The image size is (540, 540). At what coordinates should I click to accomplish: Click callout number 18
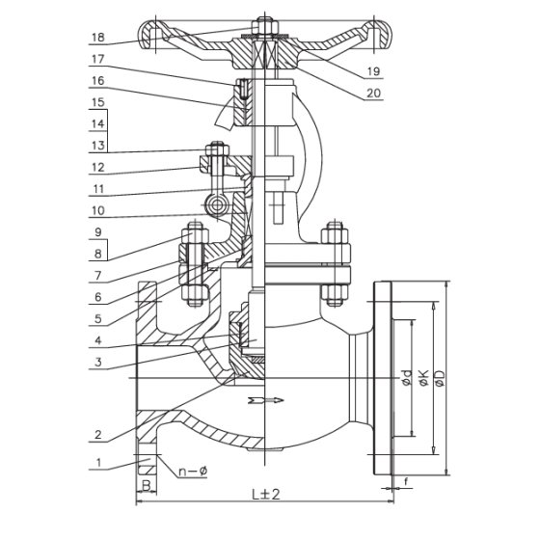[x=98, y=38]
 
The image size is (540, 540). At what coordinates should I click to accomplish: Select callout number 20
[x=374, y=93]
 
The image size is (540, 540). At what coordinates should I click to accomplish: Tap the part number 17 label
[x=98, y=59]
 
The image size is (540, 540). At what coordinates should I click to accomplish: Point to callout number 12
[x=98, y=168]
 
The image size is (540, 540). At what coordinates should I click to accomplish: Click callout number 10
[x=98, y=210]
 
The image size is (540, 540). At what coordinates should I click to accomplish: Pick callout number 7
[x=98, y=276]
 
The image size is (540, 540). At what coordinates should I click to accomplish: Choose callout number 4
[x=98, y=340]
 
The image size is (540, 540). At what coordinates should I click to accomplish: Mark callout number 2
[x=98, y=434]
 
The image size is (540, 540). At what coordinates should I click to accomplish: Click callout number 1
[x=98, y=462]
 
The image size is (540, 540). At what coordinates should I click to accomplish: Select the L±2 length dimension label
[x=265, y=495]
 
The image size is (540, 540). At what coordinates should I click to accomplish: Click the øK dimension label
[x=423, y=378]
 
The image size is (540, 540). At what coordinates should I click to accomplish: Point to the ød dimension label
[x=407, y=378]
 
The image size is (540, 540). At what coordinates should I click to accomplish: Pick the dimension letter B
[x=147, y=486]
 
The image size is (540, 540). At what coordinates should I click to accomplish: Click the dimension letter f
[x=406, y=482]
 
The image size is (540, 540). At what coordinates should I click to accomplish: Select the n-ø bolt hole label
[x=193, y=471]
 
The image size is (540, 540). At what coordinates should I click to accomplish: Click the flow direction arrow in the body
[x=265, y=400]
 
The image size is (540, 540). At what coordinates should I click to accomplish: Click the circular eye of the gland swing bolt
[x=217, y=205]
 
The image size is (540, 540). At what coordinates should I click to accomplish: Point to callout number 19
[x=374, y=71]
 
